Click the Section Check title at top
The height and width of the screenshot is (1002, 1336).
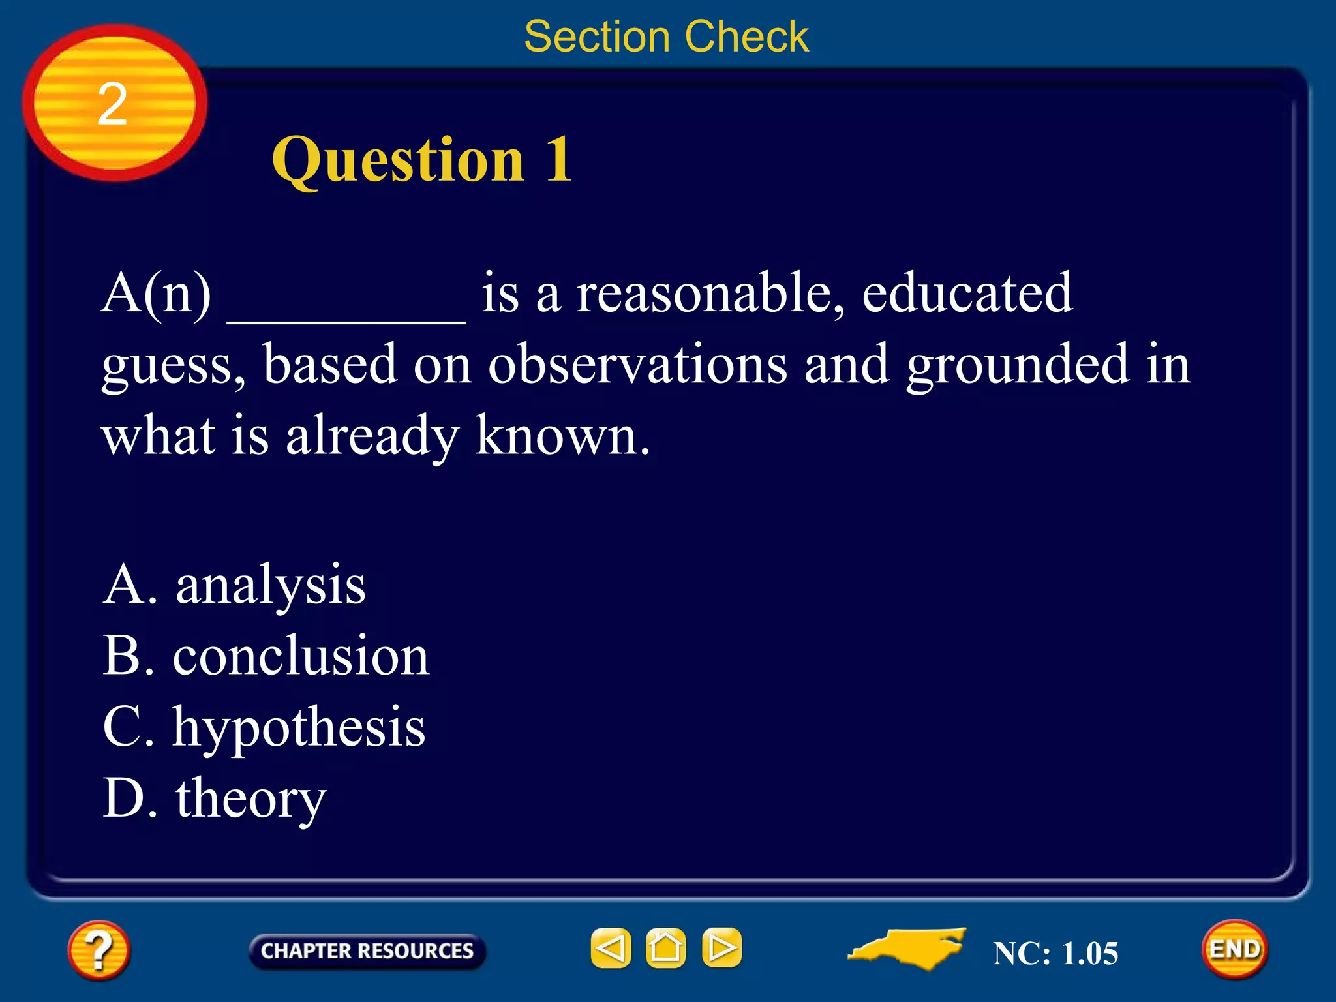point(666,37)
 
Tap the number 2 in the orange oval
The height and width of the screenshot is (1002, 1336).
point(112,104)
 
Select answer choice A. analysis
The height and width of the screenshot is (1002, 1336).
point(234,585)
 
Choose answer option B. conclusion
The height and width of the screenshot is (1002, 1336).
point(266,656)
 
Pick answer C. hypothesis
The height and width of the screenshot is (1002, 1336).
point(264,727)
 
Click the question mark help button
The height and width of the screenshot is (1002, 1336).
point(99,950)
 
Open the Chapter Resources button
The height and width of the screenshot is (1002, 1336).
point(367,951)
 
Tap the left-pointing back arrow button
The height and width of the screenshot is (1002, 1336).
point(611,948)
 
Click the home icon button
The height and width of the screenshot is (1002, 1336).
point(665,948)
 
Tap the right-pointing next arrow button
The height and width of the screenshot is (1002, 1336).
point(721,948)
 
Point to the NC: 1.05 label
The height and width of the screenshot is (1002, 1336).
point(1055,954)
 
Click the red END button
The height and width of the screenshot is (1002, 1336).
point(1235,950)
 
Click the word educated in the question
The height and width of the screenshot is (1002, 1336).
point(967,294)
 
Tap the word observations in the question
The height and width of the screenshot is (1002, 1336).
point(637,365)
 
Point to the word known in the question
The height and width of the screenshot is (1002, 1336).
point(562,436)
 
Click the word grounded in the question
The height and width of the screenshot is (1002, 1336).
point(1017,365)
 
